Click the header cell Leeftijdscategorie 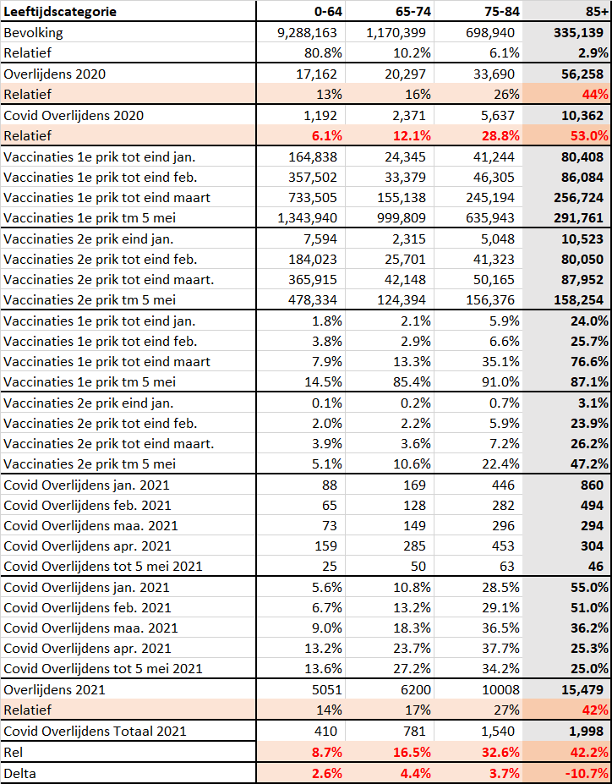(60, 12)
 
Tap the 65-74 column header (413, 12)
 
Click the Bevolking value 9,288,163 (307, 33)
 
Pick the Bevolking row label (33, 33)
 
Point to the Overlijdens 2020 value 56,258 (578, 74)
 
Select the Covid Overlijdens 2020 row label (74, 116)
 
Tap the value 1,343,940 (307, 218)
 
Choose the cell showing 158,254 (578, 300)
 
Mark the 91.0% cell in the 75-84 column (500, 382)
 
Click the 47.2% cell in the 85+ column (589, 464)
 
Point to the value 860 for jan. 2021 (592, 485)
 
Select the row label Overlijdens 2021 (54, 690)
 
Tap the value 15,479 (582, 690)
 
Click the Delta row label (19, 774)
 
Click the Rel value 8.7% (327, 753)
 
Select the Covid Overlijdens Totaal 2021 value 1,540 (498, 731)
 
